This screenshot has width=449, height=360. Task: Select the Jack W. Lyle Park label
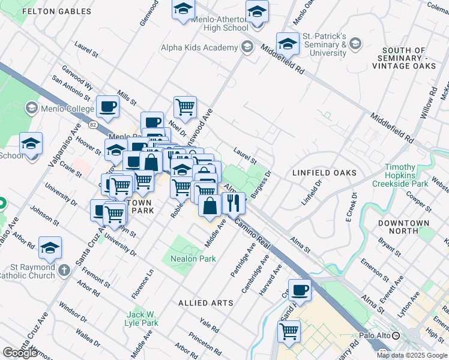tap(142, 319)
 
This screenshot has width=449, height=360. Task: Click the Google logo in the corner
tap(20, 353)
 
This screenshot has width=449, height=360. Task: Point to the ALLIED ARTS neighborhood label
tap(206, 303)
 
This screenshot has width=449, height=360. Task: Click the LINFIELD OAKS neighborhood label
tap(324, 173)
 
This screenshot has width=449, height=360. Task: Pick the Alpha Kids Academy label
tap(199, 47)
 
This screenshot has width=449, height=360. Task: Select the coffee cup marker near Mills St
tap(108, 107)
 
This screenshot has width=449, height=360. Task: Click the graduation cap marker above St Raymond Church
tap(50, 247)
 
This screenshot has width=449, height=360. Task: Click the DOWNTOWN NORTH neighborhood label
tap(403, 227)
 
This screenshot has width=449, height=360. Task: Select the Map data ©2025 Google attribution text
tap(412, 355)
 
